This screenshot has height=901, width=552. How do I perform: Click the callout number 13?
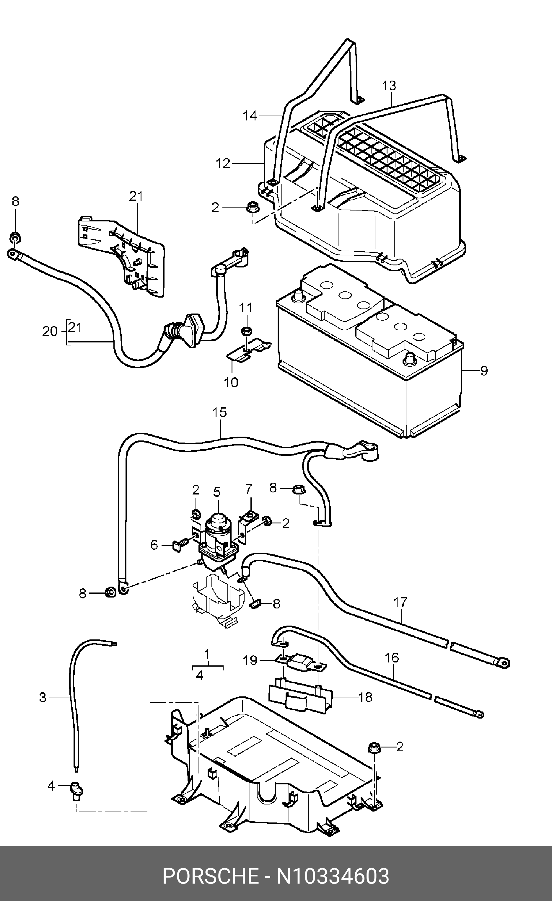[389, 86]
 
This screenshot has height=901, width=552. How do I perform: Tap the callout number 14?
[250, 116]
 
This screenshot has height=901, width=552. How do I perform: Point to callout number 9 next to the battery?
[484, 371]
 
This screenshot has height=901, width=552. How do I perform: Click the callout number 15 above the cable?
[219, 412]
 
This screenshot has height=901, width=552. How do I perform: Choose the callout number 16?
[392, 658]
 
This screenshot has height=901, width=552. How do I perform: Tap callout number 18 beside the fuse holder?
[365, 697]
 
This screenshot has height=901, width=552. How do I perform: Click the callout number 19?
[250, 661]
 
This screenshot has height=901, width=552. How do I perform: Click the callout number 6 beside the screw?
[154, 545]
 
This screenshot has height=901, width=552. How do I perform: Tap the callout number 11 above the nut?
[246, 308]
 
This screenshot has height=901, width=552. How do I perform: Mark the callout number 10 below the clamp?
[231, 383]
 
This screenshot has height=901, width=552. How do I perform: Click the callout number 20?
[50, 332]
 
